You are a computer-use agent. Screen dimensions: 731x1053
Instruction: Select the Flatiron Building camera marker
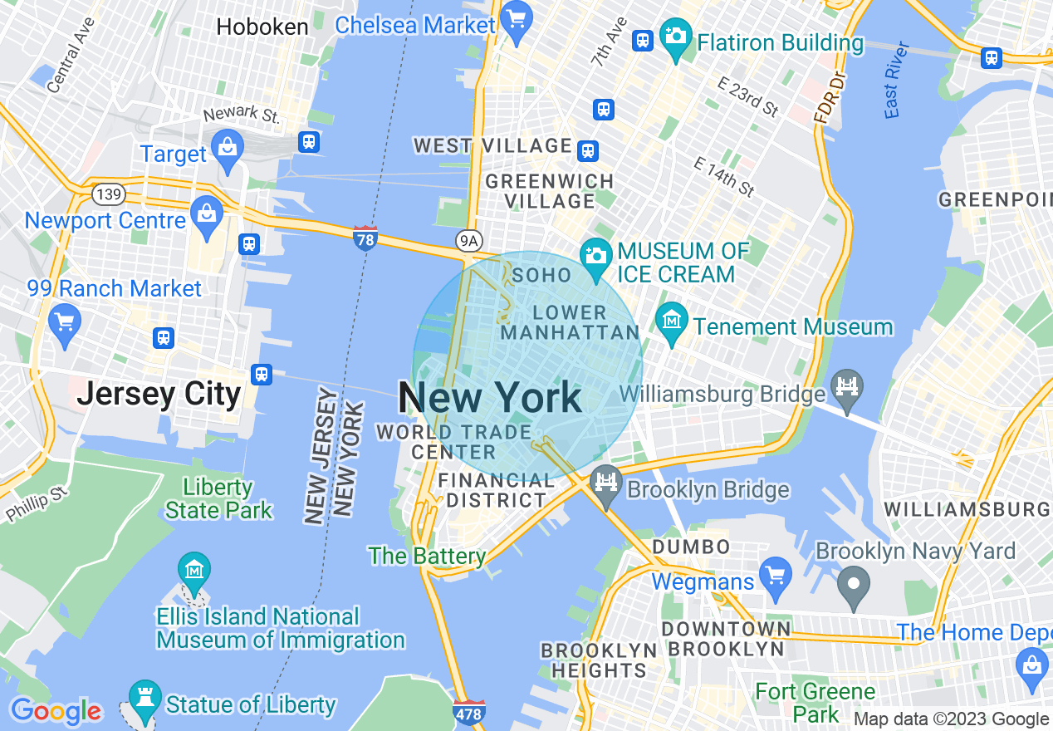676,37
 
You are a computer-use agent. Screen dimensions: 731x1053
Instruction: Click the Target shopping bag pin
226,147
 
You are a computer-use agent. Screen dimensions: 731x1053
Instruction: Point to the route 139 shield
109,195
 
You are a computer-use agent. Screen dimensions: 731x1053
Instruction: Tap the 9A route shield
469,241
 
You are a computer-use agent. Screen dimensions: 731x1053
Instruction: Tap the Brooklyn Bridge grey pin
606,483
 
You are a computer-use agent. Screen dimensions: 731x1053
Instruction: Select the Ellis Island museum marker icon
194,572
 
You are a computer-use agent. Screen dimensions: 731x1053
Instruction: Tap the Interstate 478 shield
469,712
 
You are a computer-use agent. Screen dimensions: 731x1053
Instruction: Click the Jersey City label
159,393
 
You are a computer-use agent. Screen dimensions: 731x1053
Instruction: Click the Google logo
56,711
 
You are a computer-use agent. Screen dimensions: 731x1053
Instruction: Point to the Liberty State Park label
218,498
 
